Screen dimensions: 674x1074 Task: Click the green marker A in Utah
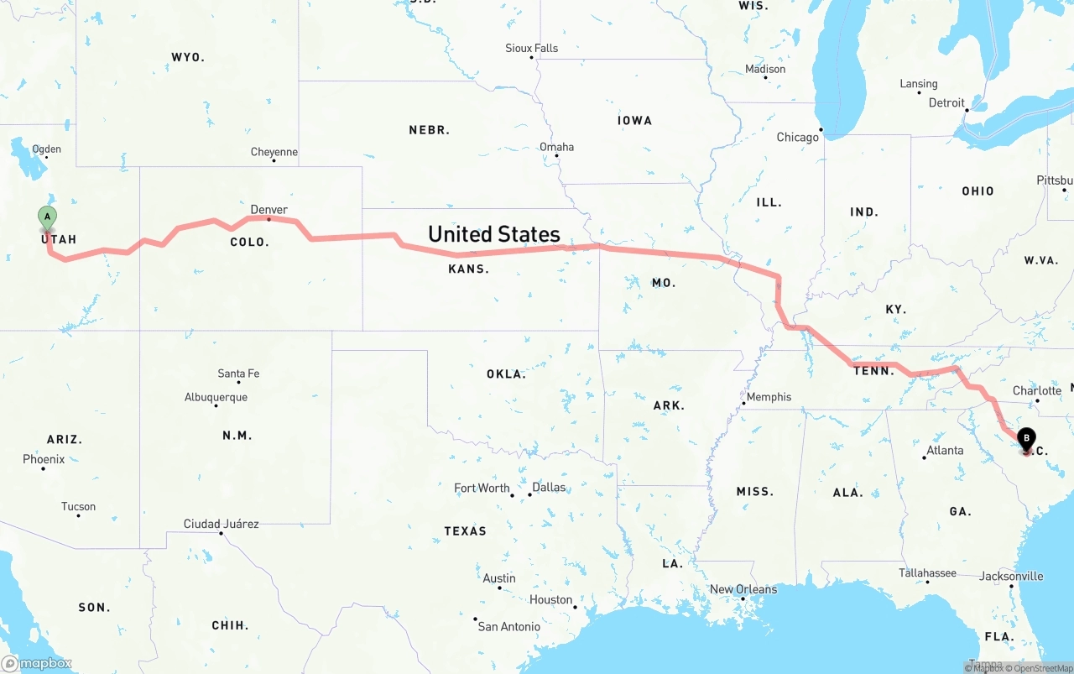(47, 217)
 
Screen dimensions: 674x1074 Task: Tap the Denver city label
(268, 210)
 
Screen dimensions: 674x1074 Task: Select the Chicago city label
(797, 137)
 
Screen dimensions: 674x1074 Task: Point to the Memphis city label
(769, 397)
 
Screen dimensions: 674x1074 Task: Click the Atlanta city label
(945, 451)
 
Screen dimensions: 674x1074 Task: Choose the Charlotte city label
(1037, 390)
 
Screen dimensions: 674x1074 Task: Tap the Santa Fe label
(238, 374)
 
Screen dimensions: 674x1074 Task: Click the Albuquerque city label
(216, 397)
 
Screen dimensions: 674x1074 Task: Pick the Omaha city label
(556, 147)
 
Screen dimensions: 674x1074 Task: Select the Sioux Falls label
(531, 48)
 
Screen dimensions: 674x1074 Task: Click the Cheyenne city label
(274, 152)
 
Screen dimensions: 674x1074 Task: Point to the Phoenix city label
(44, 459)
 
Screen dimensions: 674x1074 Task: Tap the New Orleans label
(743, 589)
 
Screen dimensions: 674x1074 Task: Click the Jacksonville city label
(1011, 576)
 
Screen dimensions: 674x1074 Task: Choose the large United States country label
(494, 234)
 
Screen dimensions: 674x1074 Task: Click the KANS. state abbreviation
(469, 269)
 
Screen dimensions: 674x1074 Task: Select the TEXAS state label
(465, 531)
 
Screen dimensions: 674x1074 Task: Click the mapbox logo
(37, 663)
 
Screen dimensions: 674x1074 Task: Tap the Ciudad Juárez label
(221, 524)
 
